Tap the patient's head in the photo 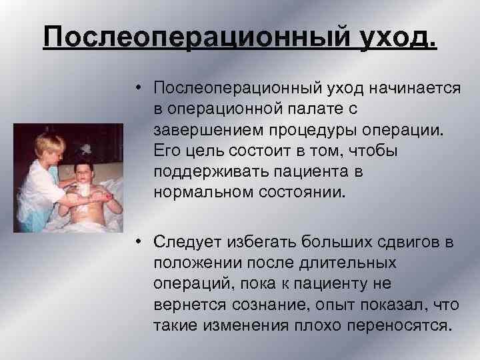point(86,166)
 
